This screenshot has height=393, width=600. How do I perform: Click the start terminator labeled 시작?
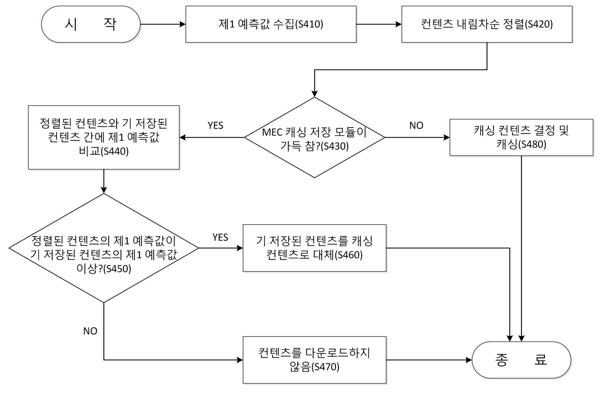tap(91, 25)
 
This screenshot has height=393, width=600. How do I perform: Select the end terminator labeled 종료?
tap(521, 360)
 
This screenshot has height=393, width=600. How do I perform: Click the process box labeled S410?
tap(271, 25)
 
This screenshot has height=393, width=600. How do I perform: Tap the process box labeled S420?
tap(487, 25)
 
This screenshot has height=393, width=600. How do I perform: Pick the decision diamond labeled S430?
tap(314, 138)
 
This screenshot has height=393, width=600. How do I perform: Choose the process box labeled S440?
tap(104, 138)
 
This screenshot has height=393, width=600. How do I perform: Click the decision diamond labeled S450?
tap(104, 248)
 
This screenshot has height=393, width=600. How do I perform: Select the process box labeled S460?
tap(314, 248)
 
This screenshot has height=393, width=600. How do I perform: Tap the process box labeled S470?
tap(314, 360)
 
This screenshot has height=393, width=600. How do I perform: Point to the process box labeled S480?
tap(521, 138)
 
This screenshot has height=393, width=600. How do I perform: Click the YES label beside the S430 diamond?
tap(215, 125)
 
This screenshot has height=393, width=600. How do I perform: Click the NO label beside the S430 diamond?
tap(416, 125)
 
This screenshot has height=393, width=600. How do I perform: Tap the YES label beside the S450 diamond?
tap(220, 237)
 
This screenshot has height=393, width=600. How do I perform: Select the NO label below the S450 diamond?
tap(90, 331)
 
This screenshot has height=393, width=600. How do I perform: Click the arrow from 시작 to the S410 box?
tap(163, 25)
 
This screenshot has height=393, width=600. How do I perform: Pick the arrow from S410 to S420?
tap(379, 25)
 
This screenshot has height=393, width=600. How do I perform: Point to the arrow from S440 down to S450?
tap(104, 181)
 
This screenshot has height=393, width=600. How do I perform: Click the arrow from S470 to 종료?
tap(429, 360)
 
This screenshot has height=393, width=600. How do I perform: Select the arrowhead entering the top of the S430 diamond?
tap(314, 94)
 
